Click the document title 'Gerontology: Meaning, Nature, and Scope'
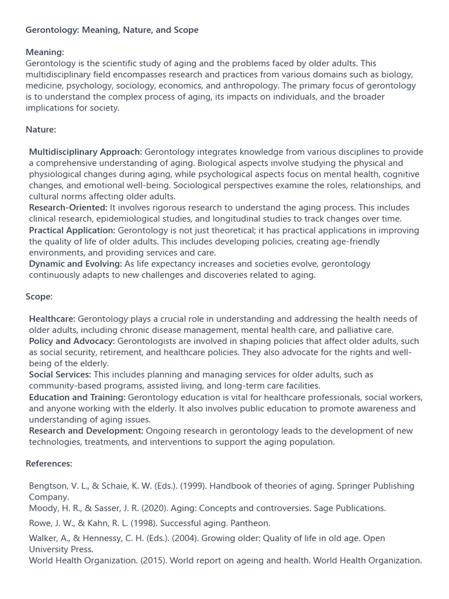coord(112,30)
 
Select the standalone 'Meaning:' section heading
coord(45,52)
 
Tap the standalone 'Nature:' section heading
coord(41,129)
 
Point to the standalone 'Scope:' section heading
coord(39,297)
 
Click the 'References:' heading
coord(49,463)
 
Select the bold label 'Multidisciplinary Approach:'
coord(85,152)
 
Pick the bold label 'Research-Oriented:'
coord(68,208)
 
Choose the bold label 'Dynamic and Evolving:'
coord(75,264)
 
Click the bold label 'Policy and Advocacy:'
coord(72,341)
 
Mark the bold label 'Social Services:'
coord(60,374)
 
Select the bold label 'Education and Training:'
coord(77,397)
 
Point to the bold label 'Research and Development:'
coord(86,431)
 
